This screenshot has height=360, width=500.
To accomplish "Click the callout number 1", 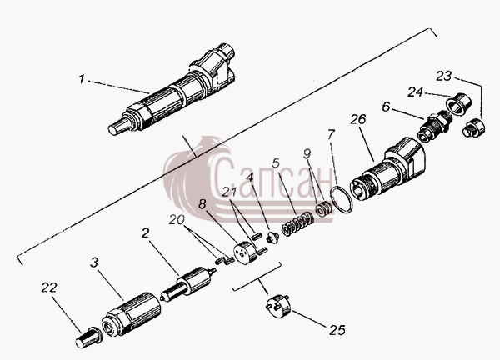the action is tap(82, 79).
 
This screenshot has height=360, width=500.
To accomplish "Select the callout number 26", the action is tap(358, 119).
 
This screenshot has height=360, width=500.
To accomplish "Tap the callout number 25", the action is tap(337, 330).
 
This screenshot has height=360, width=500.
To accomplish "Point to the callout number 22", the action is tap(49, 287).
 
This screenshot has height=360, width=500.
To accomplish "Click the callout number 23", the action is tap(444, 76).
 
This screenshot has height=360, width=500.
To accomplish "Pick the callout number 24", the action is tap(416, 92).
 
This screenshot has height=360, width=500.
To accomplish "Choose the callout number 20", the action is tap(177, 219).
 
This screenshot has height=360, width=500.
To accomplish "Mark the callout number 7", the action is tap(331, 135).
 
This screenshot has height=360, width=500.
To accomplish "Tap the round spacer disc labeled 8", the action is tap(245, 252).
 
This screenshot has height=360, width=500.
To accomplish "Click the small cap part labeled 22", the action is tap(88, 337).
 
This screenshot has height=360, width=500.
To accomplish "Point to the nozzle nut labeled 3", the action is tap(131, 314).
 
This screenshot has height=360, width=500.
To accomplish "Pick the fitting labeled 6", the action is tap(434, 127).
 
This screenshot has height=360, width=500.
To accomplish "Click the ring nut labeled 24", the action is tap(458, 103).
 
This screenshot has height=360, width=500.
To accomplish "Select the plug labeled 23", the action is tap(473, 127).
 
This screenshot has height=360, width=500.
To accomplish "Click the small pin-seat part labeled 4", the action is tap(272, 237).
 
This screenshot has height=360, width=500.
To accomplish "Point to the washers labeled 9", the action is tap(323, 209).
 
